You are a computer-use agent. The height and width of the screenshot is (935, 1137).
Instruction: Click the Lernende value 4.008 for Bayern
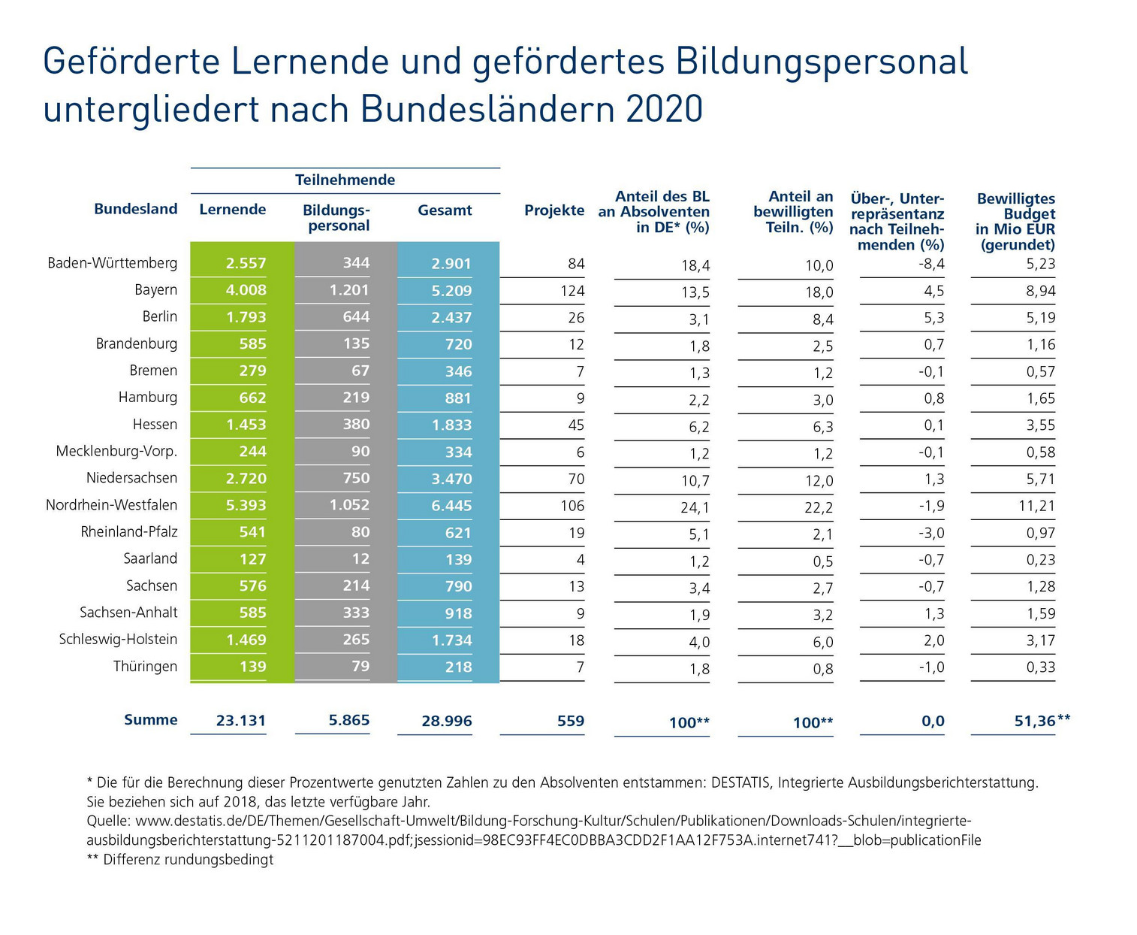(246, 290)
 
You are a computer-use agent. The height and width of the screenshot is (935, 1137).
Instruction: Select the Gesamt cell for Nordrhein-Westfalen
(451, 506)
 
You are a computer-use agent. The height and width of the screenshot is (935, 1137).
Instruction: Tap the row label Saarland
(150, 558)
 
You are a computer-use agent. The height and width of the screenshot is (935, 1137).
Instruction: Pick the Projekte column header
(553, 210)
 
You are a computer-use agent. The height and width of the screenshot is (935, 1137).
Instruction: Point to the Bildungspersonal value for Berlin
(356, 317)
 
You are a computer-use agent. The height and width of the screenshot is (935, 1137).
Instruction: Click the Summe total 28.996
(446, 721)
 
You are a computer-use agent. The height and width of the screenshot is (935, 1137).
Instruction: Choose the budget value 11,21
(1036, 506)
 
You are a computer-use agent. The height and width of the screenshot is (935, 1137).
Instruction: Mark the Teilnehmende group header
(345, 180)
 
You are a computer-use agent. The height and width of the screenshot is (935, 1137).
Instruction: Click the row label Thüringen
(145, 667)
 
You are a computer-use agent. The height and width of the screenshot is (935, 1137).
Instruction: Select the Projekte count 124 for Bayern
(572, 291)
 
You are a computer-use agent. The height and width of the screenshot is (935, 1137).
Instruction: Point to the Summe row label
(150, 720)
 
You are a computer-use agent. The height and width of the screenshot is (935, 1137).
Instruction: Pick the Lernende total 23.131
(240, 721)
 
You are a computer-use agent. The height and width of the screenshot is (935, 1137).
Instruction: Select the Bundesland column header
(135, 209)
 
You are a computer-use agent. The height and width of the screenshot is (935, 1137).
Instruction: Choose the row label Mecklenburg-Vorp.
(116, 452)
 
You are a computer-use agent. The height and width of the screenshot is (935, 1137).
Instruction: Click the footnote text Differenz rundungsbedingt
(188, 859)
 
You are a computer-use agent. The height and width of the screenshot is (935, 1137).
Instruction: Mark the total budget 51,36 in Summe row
(1035, 721)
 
